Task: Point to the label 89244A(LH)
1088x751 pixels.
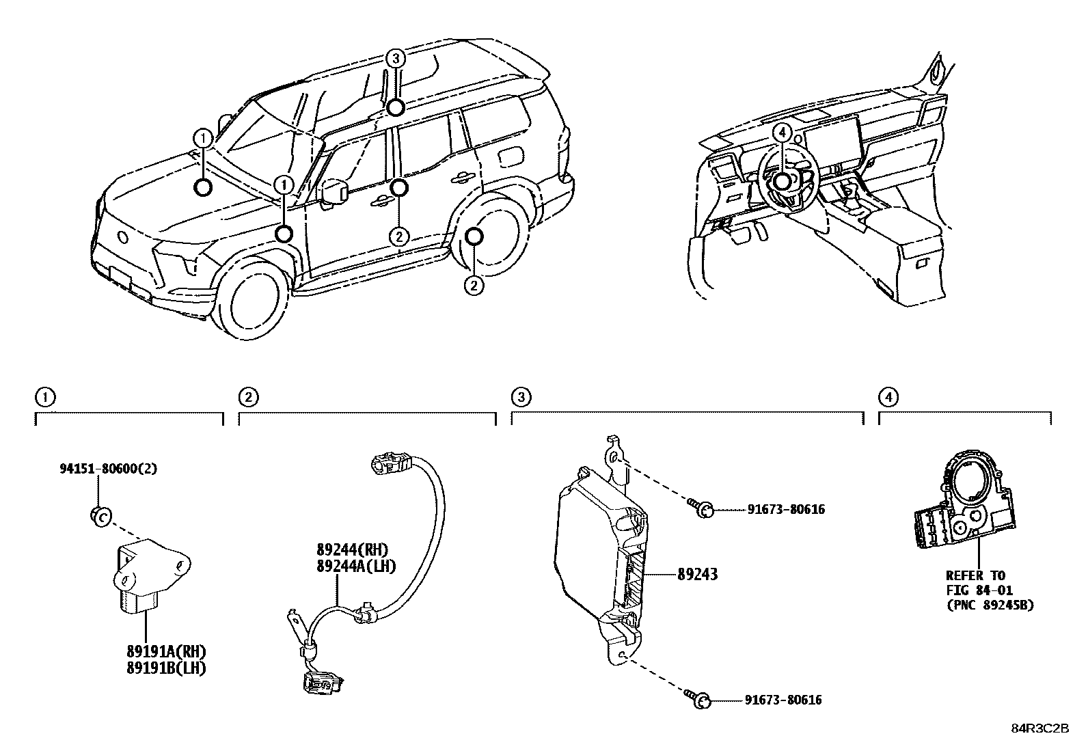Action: pyautogui.click(x=356, y=566)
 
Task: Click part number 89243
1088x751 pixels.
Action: pyautogui.click(x=697, y=575)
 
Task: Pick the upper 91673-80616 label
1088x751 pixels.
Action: pyautogui.click(x=786, y=509)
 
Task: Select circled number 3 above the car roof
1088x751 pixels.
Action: pyautogui.click(x=395, y=59)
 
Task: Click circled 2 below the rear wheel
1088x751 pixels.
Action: pyautogui.click(x=474, y=285)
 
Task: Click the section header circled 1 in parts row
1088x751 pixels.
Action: pyautogui.click(x=44, y=396)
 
